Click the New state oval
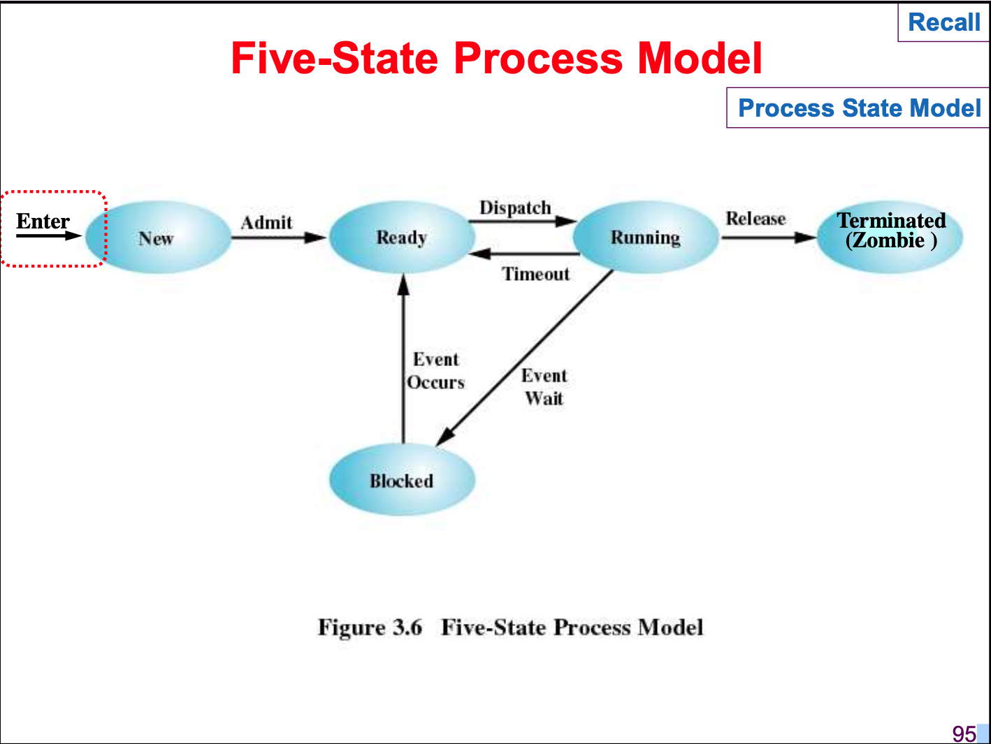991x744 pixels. coord(157,238)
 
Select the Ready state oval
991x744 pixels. coord(401,238)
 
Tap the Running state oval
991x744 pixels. coord(645,238)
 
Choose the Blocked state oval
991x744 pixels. coord(402,481)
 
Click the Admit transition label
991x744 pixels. coord(266,223)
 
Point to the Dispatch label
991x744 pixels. coord(515,208)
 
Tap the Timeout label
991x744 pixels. coord(536,274)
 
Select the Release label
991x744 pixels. coord(755,219)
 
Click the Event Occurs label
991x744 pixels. coord(436,371)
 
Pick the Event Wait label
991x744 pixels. coord(544,387)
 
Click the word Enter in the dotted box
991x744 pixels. coord(43,221)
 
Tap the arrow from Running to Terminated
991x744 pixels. coord(768,238)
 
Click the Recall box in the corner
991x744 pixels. coord(943,22)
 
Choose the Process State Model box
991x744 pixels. coord(859,108)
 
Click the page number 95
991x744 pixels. coord(964,734)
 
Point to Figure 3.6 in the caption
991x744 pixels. coord(370,627)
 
